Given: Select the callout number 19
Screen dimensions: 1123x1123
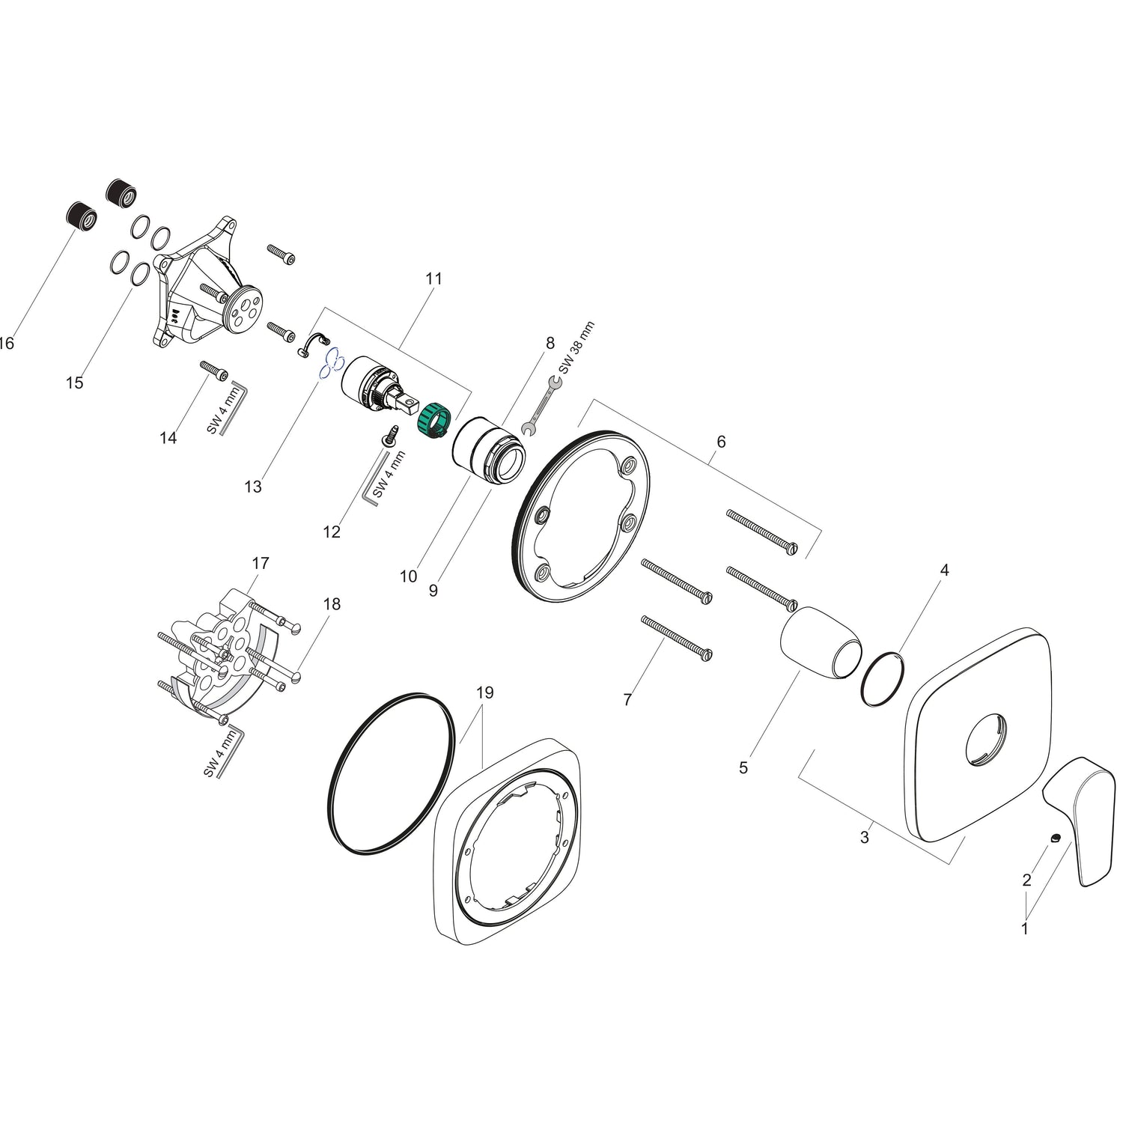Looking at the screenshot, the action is point(484,693).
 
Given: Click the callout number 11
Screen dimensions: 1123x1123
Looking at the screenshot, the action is point(433,279).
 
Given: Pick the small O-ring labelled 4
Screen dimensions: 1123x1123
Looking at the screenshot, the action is point(883,678).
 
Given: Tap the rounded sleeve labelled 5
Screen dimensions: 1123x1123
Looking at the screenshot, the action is point(821,642).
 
